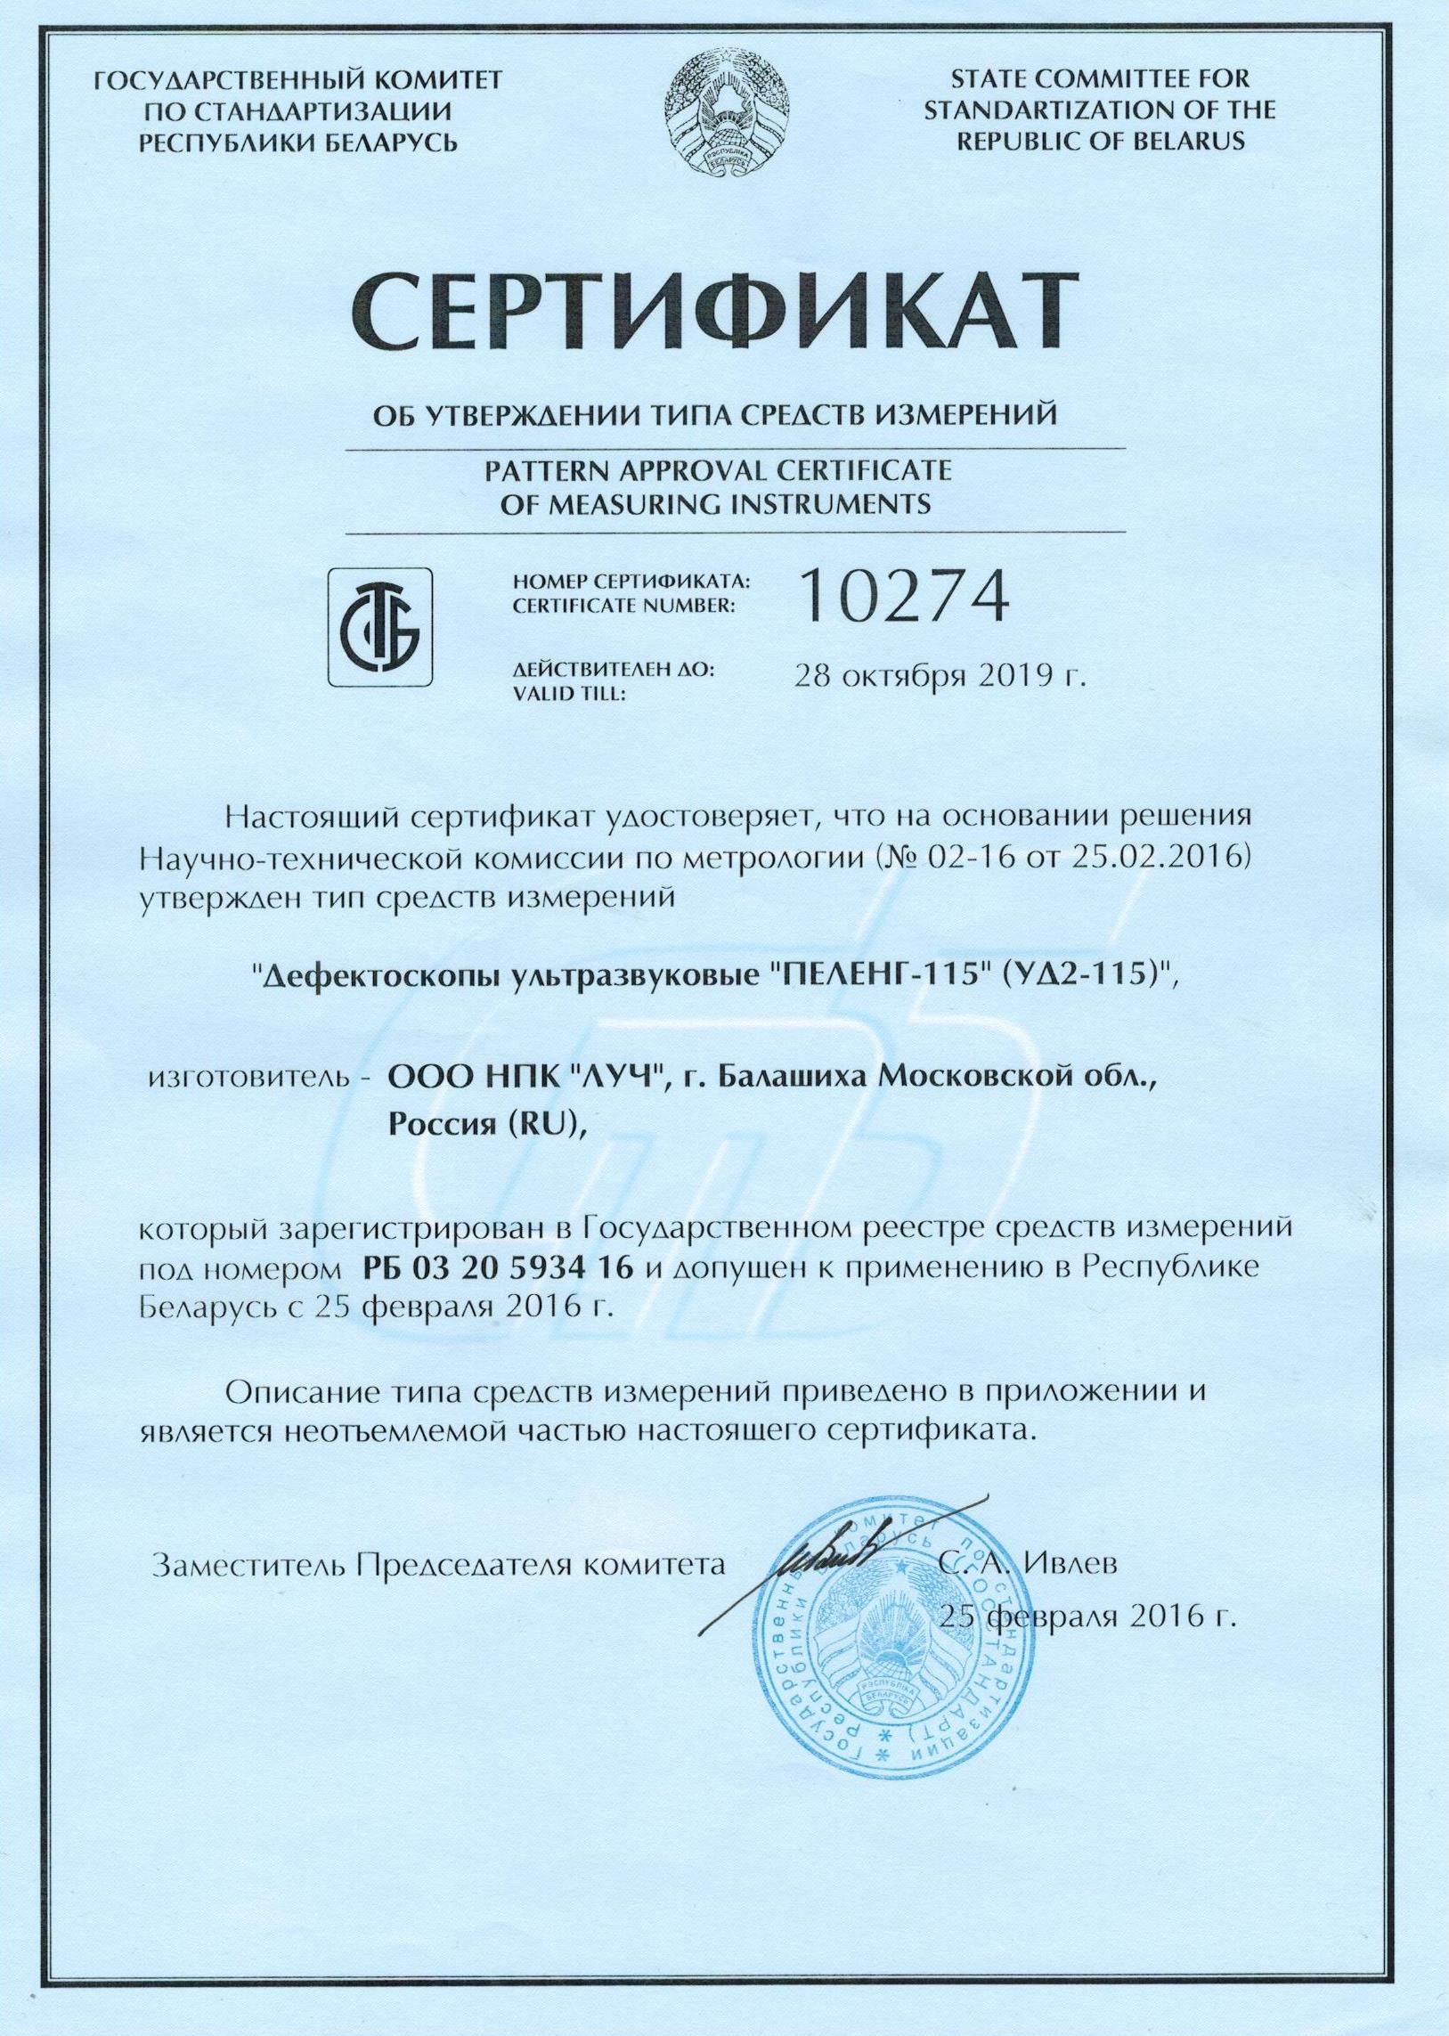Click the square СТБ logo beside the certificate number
click(x=381, y=626)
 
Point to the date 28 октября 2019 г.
click(x=940, y=676)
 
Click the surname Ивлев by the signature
click(x=1069, y=1564)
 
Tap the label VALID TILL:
click(x=570, y=694)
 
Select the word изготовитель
click(x=255, y=1079)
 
